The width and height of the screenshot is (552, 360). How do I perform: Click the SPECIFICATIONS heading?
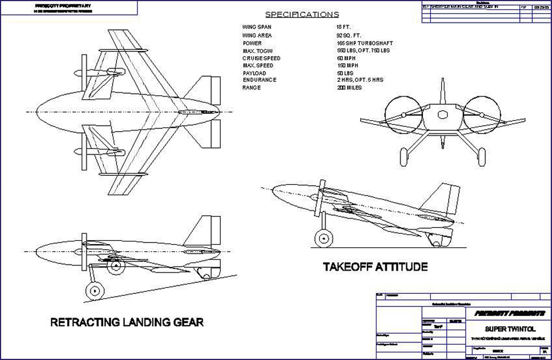302,15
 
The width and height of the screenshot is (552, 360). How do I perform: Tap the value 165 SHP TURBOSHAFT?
364,43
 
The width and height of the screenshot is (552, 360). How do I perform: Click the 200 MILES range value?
350,87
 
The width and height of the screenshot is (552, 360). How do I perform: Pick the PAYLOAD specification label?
254,73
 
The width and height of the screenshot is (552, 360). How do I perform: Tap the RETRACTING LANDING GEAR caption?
127,322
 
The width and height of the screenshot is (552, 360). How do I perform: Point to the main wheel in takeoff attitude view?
324,239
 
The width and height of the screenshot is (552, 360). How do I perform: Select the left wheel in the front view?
405,157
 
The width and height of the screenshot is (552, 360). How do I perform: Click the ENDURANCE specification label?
260,80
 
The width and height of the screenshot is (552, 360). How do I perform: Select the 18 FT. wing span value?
343,27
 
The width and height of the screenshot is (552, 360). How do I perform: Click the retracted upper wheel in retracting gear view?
115,267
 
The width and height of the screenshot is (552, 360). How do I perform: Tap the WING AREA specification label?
256,36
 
